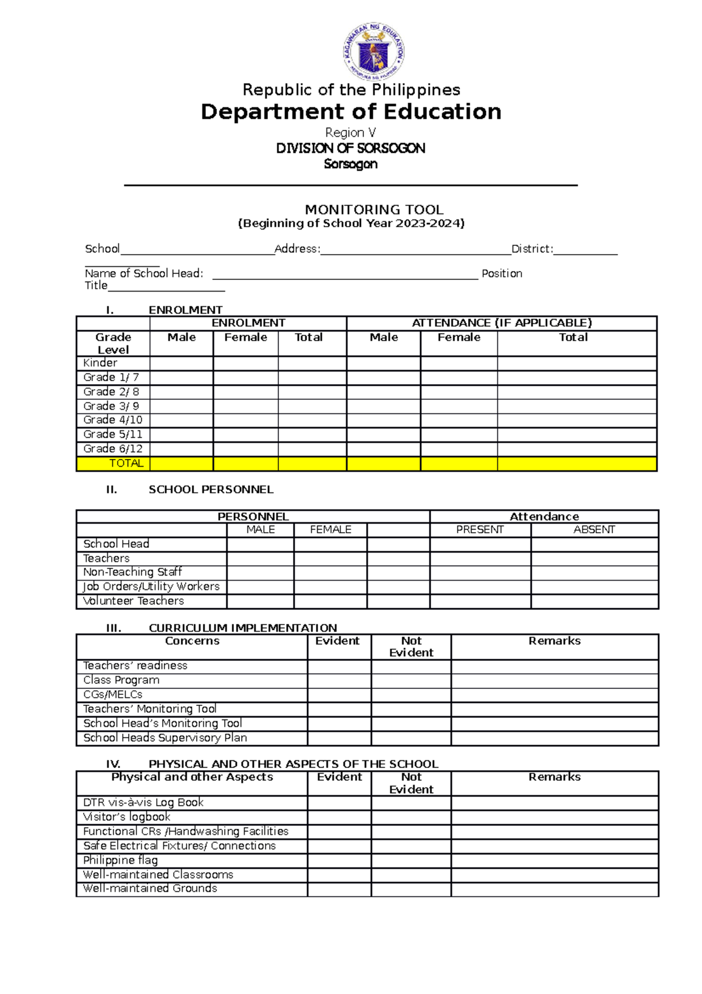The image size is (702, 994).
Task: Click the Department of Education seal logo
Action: click(373, 52)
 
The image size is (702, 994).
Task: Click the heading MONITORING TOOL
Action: click(374, 210)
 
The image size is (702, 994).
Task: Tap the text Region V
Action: click(350, 133)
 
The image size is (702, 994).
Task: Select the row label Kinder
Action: click(100, 363)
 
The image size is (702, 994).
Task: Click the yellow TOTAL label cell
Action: click(126, 464)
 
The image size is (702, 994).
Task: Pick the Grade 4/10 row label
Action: click(112, 420)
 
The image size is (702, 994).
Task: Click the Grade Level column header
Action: click(113, 344)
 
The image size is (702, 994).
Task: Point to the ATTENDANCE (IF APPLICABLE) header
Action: click(501, 323)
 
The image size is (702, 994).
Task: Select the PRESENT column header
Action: click(480, 530)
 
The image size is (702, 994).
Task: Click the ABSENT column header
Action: click(594, 530)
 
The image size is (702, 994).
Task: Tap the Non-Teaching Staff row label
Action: click(132, 572)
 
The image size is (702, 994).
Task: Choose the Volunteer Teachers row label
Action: click(133, 601)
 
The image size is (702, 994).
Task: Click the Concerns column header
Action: click(192, 641)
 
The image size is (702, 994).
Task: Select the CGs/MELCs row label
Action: click(113, 695)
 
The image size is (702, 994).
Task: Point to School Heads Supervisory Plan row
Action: click(165, 738)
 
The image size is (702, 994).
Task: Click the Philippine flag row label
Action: click(120, 860)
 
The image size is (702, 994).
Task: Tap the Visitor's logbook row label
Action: click(126, 817)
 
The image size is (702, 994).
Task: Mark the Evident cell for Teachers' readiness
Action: click(339, 666)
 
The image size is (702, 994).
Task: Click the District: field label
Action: click(532, 249)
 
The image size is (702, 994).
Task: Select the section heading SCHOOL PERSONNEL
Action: click(211, 489)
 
